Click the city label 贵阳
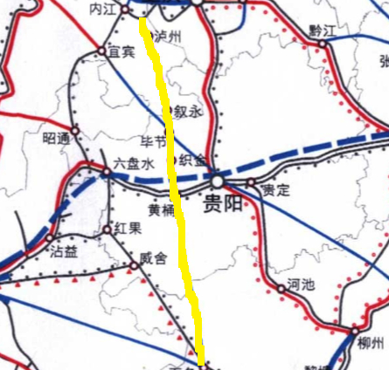[x=220, y=205]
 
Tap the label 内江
[x=103, y=8]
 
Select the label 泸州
[x=165, y=37]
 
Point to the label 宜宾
[x=121, y=52]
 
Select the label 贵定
[x=276, y=189]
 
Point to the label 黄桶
[x=162, y=209]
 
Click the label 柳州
[x=372, y=342]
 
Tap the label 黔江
[x=323, y=30]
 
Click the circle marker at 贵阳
[x=216, y=181]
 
